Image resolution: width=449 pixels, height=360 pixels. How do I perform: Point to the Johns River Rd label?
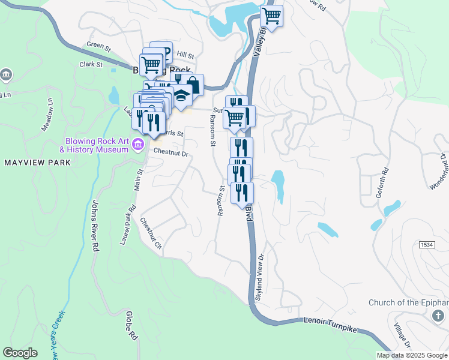tap(94, 225)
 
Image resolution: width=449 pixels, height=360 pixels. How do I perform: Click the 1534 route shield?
tap(427, 245)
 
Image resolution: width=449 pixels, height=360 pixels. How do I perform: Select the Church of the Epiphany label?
tap(408, 302)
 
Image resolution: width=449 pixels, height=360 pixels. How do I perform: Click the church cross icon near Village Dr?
tap(439, 316)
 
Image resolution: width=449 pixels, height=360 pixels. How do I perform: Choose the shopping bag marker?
tap(193, 84)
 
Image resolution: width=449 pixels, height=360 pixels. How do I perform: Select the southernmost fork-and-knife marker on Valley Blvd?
tap(243, 193)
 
